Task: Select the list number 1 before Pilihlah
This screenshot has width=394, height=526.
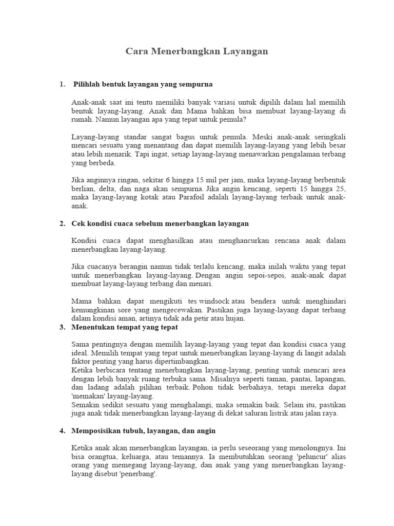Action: click(63, 84)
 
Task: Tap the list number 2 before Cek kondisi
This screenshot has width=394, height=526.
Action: click(63, 223)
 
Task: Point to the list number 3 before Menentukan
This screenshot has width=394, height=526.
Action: click(63, 327)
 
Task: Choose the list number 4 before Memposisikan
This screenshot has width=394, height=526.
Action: click(63, 430)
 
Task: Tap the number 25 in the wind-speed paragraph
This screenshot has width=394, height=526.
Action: click(340, 189)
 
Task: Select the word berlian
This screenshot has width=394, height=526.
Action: click(83, 189)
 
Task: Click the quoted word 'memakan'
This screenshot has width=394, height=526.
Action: click(88, 397)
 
